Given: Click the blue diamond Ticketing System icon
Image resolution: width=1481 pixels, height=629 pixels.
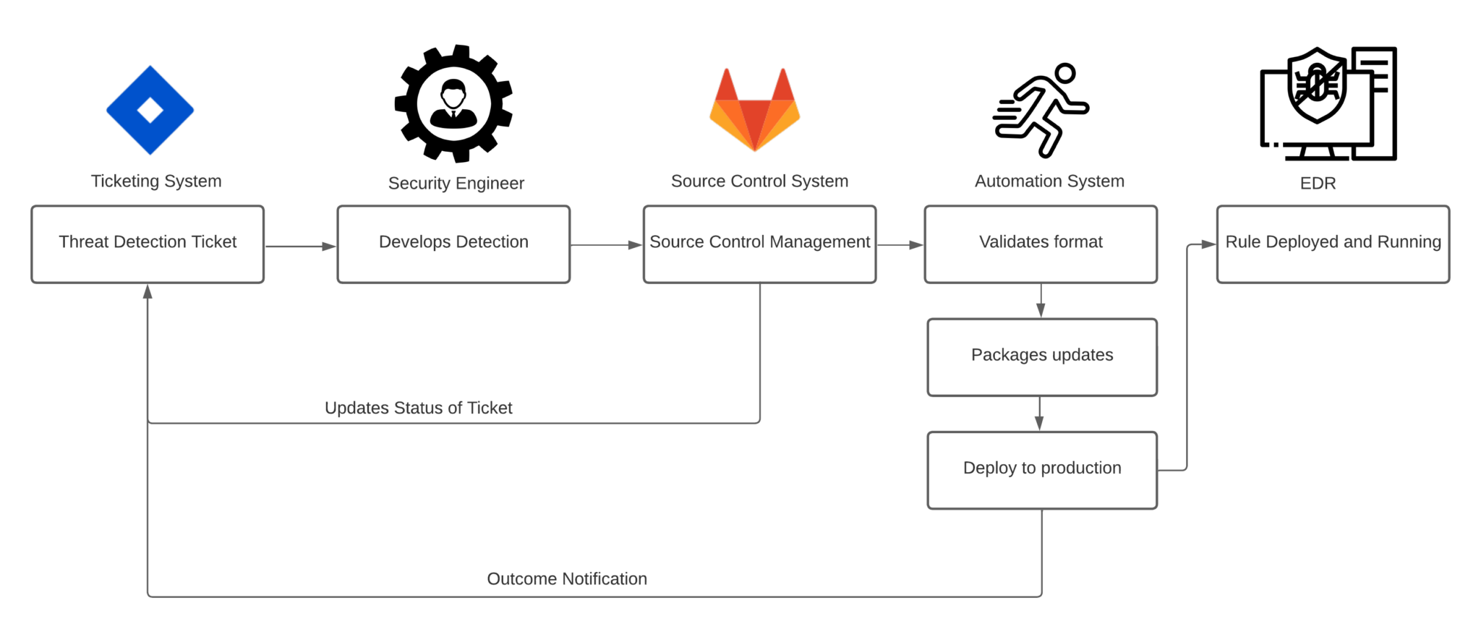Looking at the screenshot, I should coord(150,110).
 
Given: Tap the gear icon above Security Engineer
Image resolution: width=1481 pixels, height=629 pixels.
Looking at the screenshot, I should coord(453,103).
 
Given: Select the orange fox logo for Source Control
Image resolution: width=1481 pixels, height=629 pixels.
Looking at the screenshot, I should coord(754,110).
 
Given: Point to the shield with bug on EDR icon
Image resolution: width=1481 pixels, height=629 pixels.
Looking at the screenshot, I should coord(1317,85).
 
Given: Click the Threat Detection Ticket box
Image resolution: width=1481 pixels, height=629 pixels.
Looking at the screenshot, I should coord(148,244).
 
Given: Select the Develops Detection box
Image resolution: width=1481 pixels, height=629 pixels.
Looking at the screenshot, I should coord(453,244).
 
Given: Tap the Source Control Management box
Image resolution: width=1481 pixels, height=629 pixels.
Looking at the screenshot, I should coord(759,244).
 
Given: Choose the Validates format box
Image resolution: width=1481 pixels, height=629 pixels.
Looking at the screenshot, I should coord(1041,244).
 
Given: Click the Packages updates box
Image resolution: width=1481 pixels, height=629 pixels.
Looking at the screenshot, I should coord(1042,357).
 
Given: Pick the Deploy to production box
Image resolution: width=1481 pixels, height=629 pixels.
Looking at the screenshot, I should coord(1042,470).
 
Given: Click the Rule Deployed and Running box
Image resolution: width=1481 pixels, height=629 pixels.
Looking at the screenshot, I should coord(1333,244).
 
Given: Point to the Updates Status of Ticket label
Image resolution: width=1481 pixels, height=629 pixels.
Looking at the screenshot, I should coord(418,408).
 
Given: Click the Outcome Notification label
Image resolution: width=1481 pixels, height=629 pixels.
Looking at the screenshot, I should coord(567,578).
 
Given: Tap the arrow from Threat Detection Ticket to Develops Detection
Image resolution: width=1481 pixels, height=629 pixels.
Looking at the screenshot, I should coord(300,247).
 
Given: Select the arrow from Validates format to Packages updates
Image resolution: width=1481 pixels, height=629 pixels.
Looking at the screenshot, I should coord(1041,301).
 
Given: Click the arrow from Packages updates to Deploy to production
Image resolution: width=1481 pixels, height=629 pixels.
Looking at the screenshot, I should coord(1039,414).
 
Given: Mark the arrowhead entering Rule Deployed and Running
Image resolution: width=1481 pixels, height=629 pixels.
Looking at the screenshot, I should coord(1208,244).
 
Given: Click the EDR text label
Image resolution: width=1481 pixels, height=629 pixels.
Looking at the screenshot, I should coord(1318,183).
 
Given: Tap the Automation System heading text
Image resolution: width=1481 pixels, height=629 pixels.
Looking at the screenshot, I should coord(1049,181).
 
